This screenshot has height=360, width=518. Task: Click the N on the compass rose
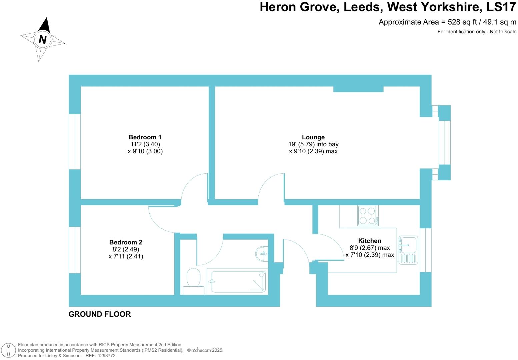(43, 39)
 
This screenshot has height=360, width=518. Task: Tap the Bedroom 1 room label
(145, 137)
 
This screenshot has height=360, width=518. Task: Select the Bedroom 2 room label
(126, 242)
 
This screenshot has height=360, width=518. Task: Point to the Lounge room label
(313, 137)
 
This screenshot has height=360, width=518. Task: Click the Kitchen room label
(370, 241)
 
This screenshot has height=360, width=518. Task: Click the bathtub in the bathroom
(237, 281)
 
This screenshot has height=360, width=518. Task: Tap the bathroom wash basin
(262, 254)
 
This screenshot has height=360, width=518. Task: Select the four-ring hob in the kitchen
(368, 215)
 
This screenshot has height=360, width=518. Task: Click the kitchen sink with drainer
(408, 250)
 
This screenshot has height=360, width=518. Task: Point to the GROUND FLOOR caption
(100, 314)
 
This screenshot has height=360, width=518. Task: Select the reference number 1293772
(106, 356)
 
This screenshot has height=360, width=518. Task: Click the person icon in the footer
(8, 350)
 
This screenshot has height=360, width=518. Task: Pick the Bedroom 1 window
(75, 142)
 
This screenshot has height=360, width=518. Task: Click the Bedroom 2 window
(75, 250)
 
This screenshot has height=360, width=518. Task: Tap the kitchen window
(425, 250)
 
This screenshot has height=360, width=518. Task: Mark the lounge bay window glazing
(444, 143)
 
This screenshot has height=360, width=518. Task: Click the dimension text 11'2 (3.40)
(145, 144)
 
